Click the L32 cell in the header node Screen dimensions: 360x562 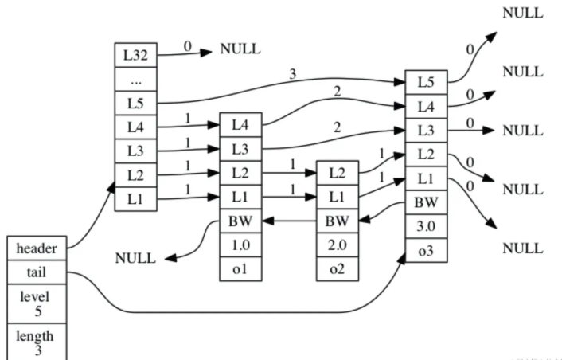click(x=135, y=56)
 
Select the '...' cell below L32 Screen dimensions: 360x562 click(x=135, y=80)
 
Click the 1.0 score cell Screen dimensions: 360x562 click(x=240, y=245)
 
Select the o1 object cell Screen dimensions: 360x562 click(x=240, y=268)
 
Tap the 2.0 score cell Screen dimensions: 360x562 click(x=337, y=245)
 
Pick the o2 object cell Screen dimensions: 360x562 click(x=337, y=268)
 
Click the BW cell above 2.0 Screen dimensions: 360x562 click(x=337, y=221)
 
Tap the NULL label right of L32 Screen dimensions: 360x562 click(x=240, y=49)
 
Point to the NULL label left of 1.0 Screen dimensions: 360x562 click(x=136, y=258)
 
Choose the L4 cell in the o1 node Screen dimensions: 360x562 click(x=240, y=125)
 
